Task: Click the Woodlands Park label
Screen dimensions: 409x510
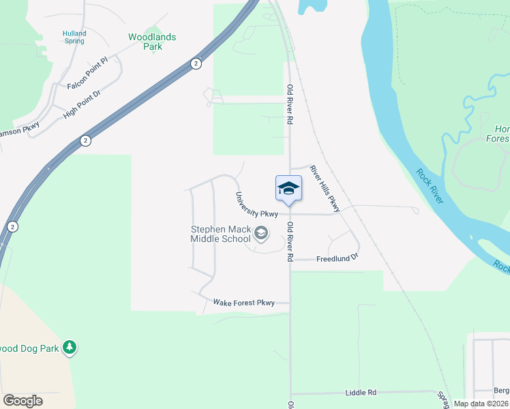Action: click(152, 42)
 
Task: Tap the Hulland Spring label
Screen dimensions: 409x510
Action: click(74, 37)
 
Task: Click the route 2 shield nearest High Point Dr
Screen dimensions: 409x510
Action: click(85, 140)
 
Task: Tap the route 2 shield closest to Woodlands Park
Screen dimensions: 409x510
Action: click(196, 63)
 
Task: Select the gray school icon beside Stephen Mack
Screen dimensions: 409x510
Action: click(260, 234)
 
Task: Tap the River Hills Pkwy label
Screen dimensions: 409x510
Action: click(324, 187)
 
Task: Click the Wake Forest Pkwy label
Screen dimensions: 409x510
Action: click(243, 302)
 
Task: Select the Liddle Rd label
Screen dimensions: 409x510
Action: click(361, 393)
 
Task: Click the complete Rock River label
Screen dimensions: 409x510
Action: click(430, 186)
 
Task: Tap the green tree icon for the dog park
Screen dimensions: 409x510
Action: click(69, 348)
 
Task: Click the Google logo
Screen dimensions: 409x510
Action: click(22, 401)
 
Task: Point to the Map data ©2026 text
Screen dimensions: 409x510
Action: click(481, 404)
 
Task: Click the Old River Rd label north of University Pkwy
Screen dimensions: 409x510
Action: click(290, 104)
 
